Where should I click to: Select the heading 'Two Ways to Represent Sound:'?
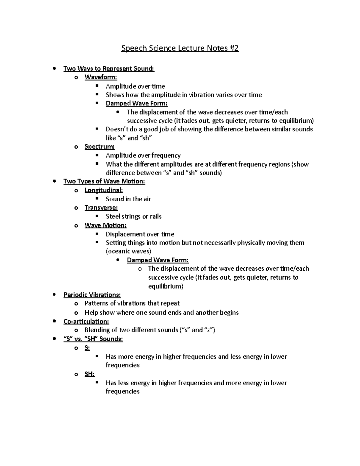click(109, 68)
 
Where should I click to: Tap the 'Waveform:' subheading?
click(101, 77)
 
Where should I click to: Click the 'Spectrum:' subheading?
click(100, 146)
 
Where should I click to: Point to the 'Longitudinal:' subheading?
click(104, 190)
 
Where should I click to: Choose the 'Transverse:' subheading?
click(101, 207)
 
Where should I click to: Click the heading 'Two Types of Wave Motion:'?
click(104, 181)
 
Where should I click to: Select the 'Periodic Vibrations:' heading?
click(92, 295)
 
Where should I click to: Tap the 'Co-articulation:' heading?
click(86, 321)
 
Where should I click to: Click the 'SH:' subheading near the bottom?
click(90, 374)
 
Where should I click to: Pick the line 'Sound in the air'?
click(128, 199)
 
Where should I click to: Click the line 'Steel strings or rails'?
click(133, 216)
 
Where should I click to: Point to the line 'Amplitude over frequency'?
click(143, 155)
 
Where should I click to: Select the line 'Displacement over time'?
click(140, 234)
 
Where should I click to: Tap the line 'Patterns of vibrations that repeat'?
click(132, 303)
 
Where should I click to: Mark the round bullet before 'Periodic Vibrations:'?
click(54, 295)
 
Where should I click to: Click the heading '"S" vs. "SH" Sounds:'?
click(93, 339)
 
